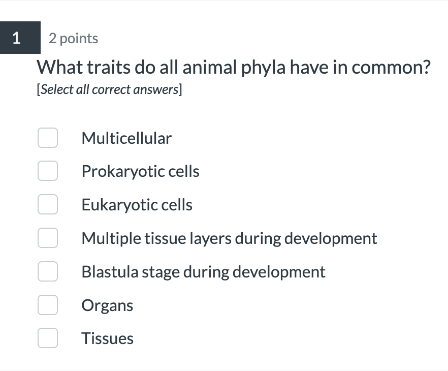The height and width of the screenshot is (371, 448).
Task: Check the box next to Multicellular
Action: [x=47, y=138]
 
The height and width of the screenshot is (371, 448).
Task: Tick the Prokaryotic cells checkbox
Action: [x=47, y=171]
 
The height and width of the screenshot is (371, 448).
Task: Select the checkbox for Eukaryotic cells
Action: [x=47, y=205]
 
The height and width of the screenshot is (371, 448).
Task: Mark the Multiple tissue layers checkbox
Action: [x=47, y=238]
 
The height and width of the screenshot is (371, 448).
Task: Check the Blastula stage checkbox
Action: [x=47, y=272]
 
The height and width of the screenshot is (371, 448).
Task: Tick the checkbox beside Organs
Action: [x=47, y=305]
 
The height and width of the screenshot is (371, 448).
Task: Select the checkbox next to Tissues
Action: [x=47, y=338]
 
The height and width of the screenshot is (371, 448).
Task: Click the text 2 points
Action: [x=74, y=39]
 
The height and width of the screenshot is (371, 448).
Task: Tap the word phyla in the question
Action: [x=262, y=68]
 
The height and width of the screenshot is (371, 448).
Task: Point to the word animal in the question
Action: [x=207, y=68]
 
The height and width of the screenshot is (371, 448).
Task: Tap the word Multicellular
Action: [x=126, y=138]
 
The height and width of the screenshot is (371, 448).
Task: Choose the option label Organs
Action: [x=107, y=305]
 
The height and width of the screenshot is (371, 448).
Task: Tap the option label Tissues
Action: [x=107, y=338]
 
